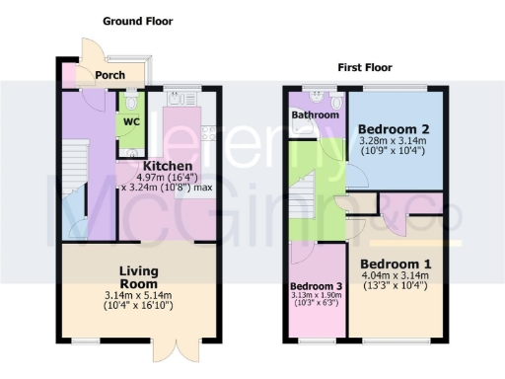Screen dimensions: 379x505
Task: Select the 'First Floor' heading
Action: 365,68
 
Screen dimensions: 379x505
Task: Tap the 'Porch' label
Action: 108,75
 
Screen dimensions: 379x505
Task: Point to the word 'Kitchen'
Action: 167,165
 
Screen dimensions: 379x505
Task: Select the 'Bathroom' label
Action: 315,114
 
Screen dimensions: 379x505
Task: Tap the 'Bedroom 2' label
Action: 393,129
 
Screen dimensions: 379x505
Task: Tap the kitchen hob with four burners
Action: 209,131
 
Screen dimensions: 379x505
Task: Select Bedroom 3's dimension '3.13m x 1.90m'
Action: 317,294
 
